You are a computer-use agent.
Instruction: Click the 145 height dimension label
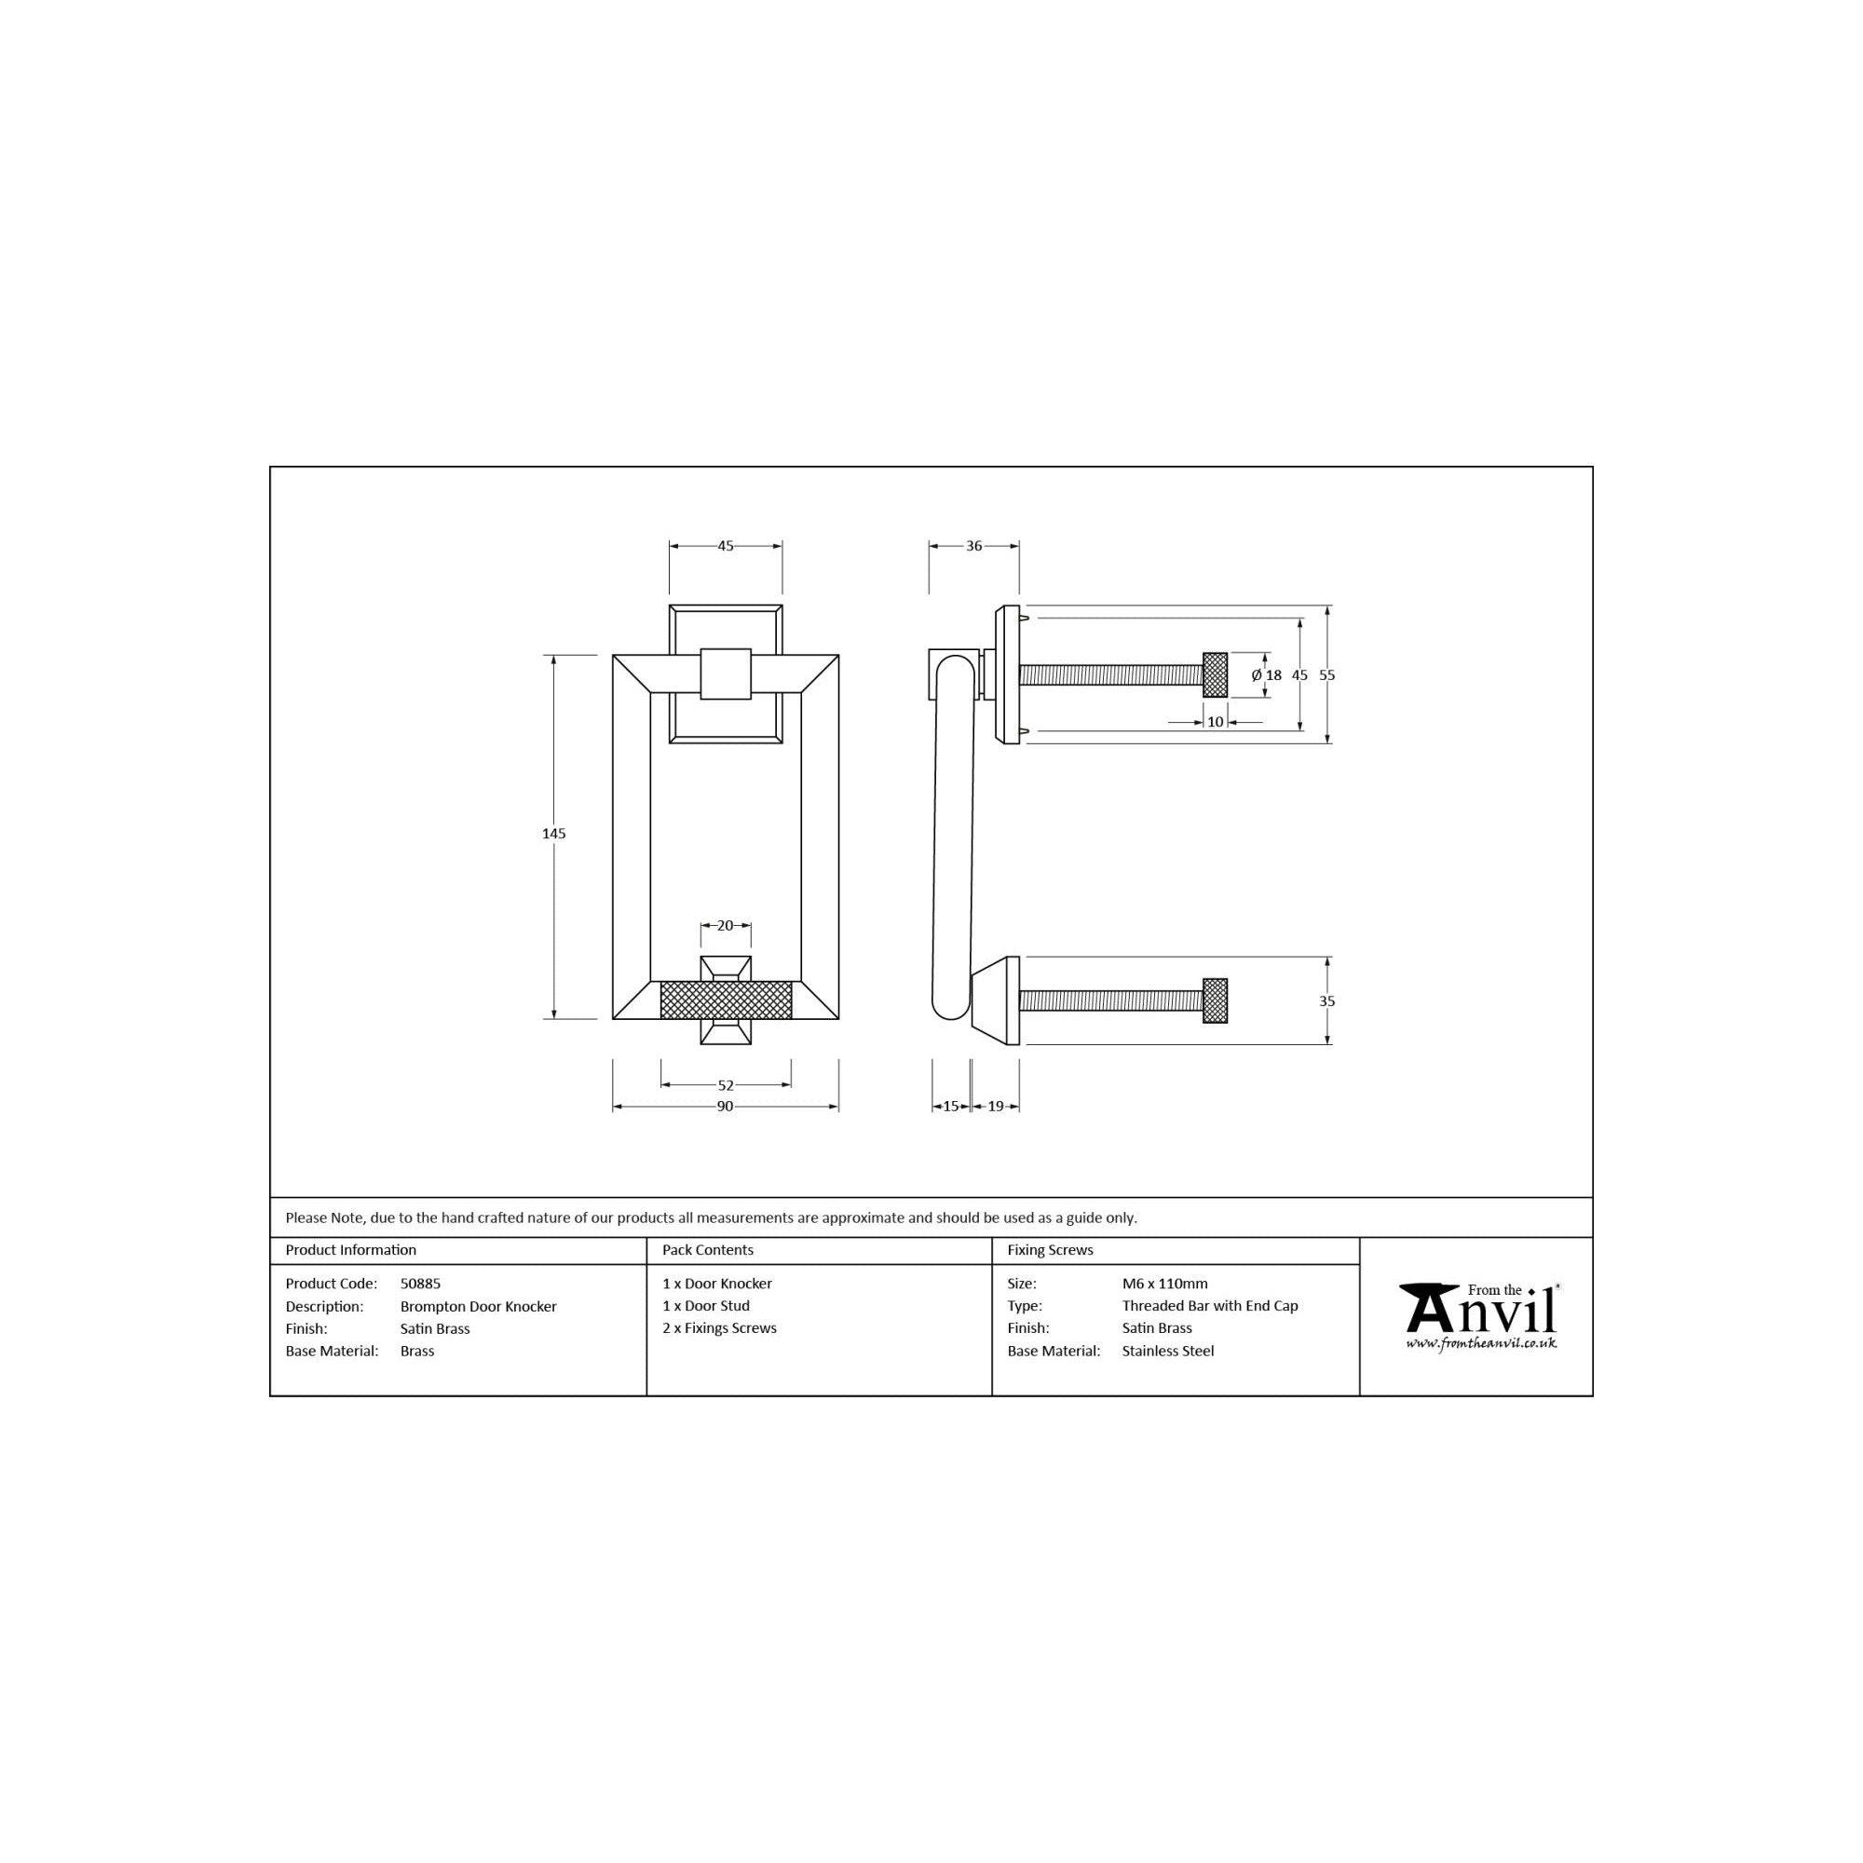coord(553,833)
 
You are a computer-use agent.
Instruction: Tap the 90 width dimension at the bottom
coord(725,1106)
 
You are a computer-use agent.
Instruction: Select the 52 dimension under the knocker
coord(727,1085)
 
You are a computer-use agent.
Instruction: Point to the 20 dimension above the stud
coord(725,926)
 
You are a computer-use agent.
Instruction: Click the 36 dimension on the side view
coord(974,546)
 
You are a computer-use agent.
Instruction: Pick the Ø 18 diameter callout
coord(1267,675)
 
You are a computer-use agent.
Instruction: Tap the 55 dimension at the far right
coord(1326,675)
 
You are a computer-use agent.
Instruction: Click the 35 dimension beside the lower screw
coord(1326,1001)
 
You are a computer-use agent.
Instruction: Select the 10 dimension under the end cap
coord(1215,721)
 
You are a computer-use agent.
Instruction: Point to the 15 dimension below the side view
coord(951,1106)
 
